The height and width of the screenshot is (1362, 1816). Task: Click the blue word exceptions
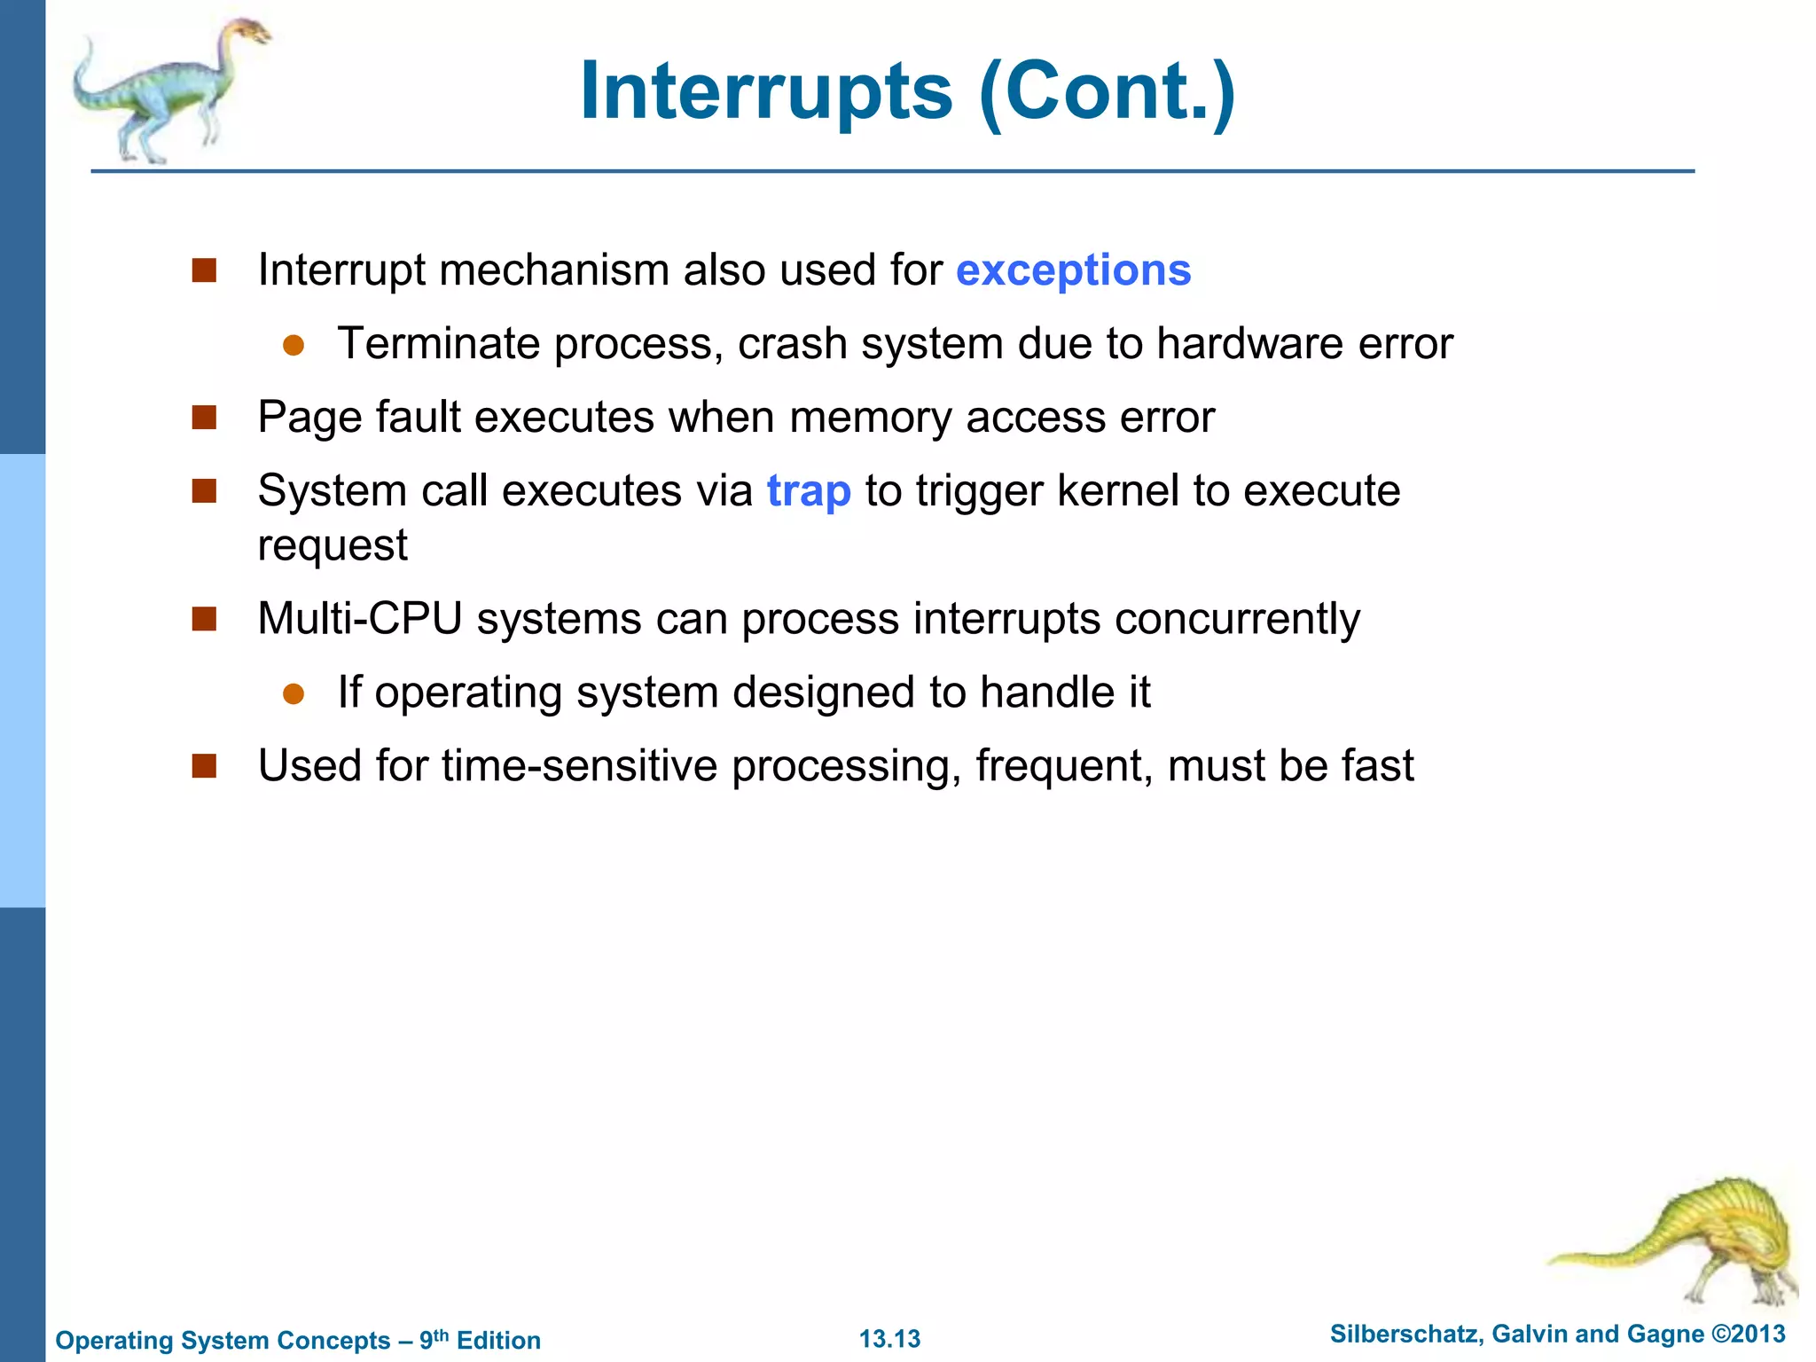[1073, 270]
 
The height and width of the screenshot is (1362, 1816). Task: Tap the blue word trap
[809, 491]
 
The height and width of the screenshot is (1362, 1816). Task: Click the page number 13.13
[889, 1339]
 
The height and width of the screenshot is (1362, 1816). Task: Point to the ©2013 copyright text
[1748, 1334]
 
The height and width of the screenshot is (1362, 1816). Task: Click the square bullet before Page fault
[205, 418]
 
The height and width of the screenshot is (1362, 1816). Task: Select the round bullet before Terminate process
[294, 345]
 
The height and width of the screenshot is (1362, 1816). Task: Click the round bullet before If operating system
[294, 693]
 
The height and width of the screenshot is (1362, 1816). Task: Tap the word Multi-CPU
[360, 619]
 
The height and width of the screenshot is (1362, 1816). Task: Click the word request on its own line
[333, 545]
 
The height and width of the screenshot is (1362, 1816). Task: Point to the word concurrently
[1237, 619]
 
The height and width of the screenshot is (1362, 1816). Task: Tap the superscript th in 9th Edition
[441, 1335]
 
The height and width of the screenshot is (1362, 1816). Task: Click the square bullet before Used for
[205, 766]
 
